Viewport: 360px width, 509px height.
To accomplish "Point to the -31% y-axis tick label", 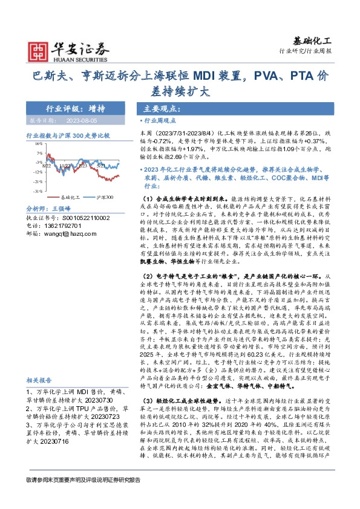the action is (38, 191).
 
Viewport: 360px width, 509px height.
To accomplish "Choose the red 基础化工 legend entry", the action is (71, 197).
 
